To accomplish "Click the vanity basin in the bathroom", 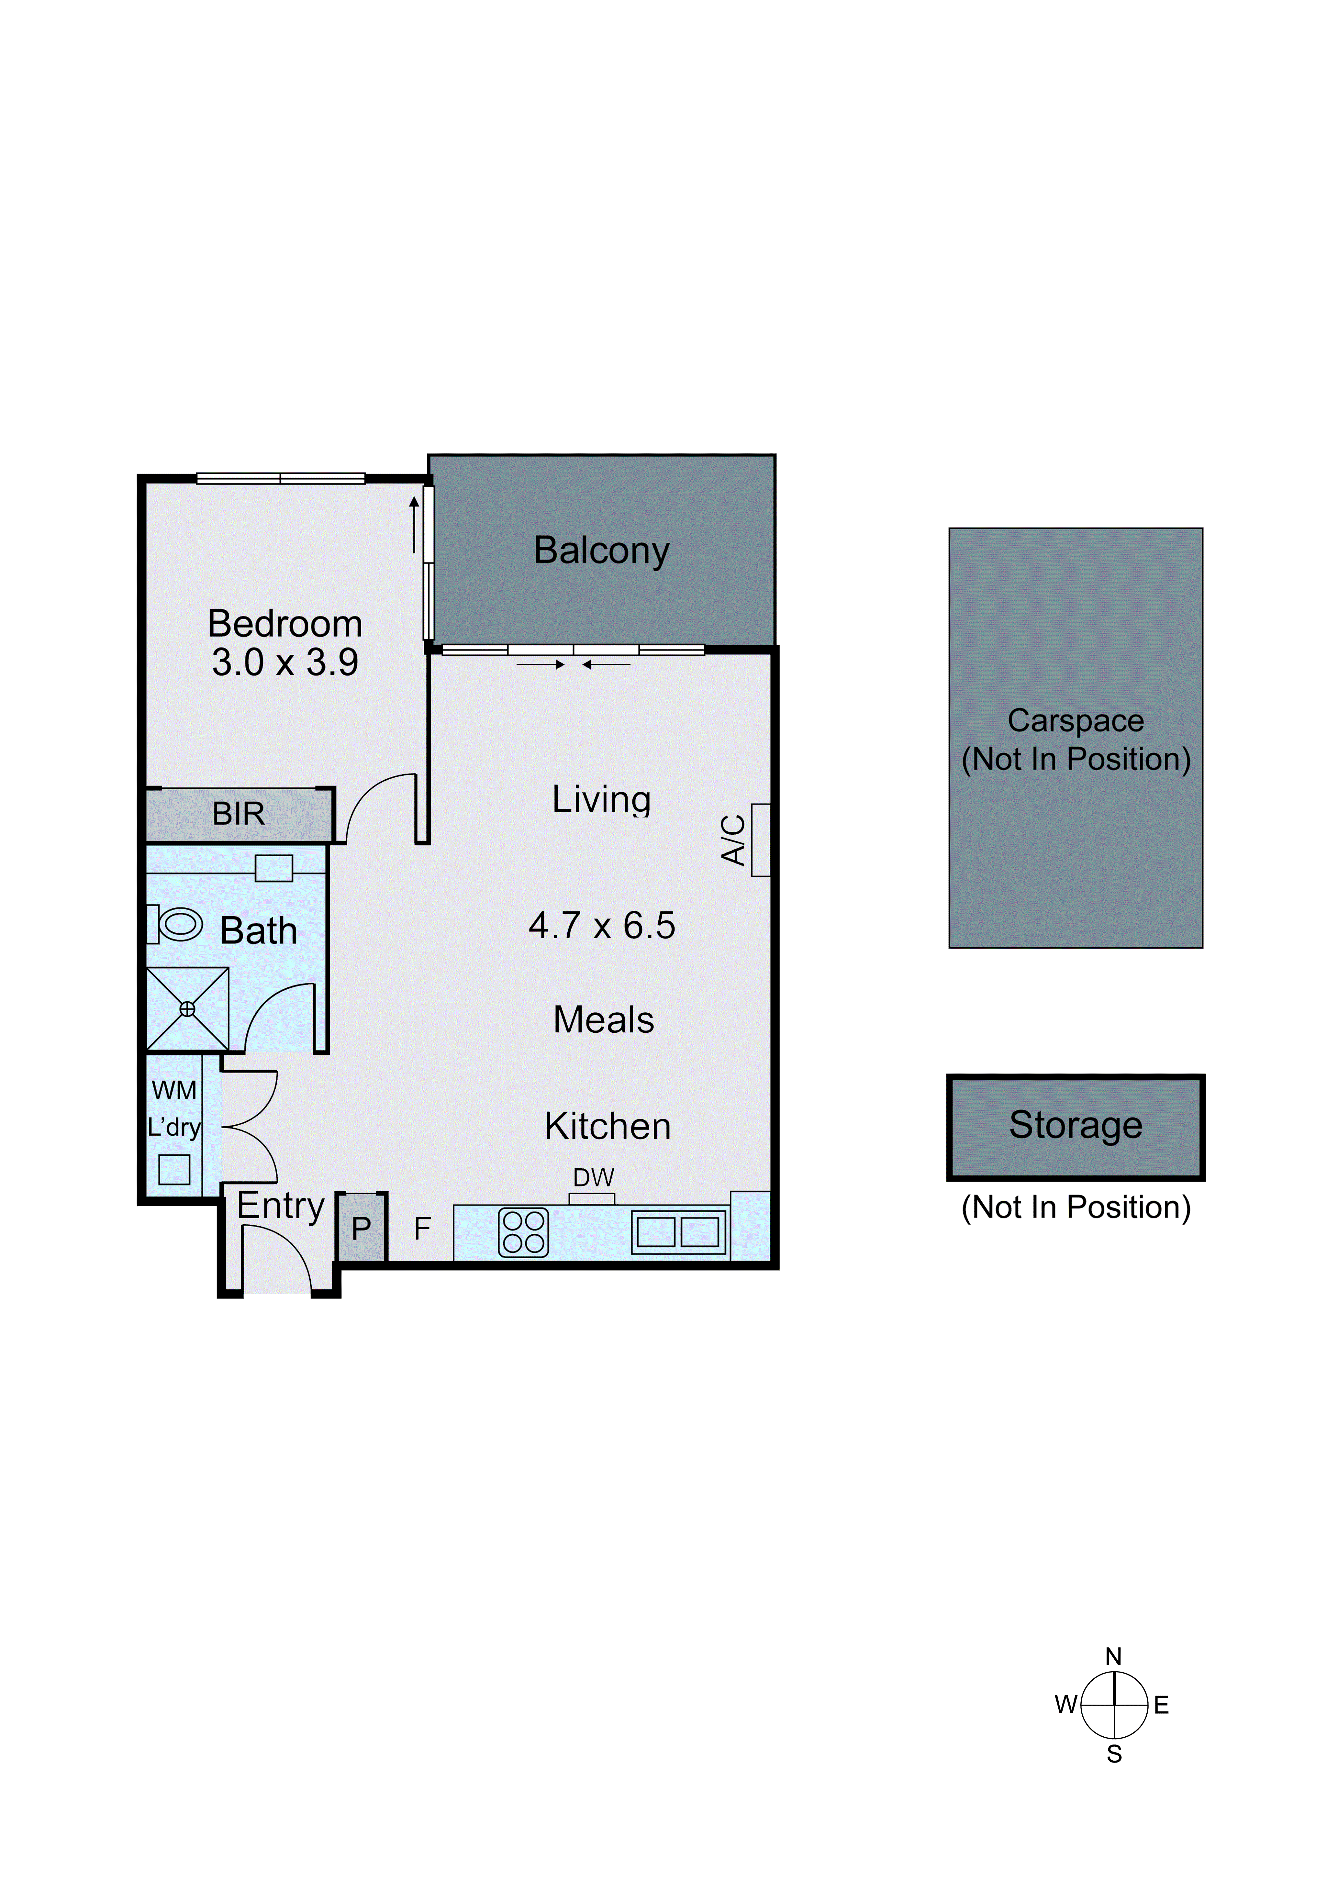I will click(x=273, y=868).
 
